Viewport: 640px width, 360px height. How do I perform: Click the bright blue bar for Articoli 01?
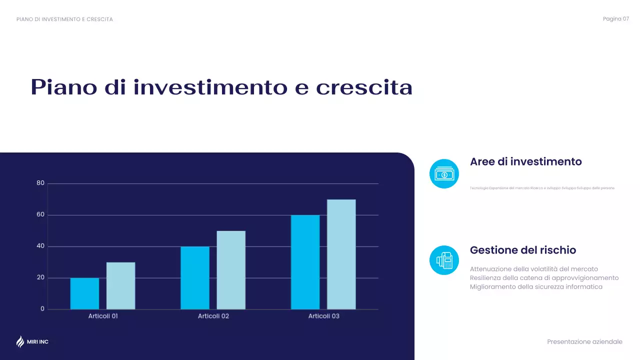(x=84, y=293)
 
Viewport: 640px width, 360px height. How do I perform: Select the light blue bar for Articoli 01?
(x=120, y=285)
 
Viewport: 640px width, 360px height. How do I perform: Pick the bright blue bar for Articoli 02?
(x=195, y=277)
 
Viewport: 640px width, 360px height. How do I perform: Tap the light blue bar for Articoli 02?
(x=231, y=270)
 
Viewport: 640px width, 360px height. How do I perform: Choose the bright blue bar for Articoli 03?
(x=305, y=262)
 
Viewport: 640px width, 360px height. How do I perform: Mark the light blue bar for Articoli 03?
(x=341, y=254)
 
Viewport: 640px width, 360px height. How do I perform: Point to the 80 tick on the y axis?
(x=40, y=183)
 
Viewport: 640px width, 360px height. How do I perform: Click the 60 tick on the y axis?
(x=40, y=215)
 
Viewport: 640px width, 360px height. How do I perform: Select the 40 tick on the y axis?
(x=40, y=246)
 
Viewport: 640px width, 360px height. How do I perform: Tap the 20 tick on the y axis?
(x=40, y=277)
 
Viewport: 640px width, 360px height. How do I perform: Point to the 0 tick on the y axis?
(x=42, y=309)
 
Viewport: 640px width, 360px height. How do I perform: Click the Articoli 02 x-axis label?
(x=213, y=316)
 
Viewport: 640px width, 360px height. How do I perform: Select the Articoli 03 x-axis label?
(x=323, y=316)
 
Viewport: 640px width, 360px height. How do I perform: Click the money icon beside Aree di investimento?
(x=444, y=174)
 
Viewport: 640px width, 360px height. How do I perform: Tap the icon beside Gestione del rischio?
(x=444, y=260)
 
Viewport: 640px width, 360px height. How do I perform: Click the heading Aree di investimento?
(x=525, y=162)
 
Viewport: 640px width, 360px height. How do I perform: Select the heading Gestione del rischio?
(x=523, y=250)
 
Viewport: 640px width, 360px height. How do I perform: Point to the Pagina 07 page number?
(x=615, y=19)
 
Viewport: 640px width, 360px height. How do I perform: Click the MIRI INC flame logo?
(x=20, y=341)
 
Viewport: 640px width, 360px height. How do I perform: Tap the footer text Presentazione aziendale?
(x=584, y=342)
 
